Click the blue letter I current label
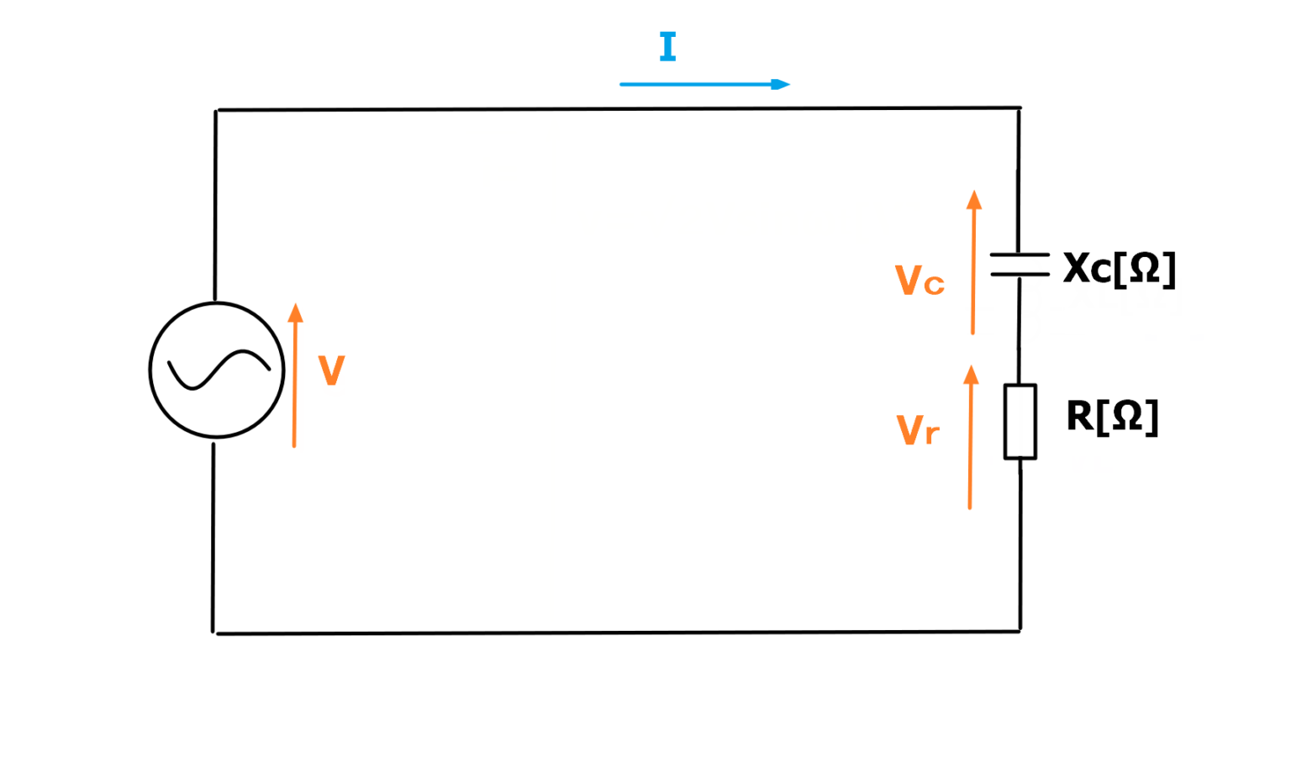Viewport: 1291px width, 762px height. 667,46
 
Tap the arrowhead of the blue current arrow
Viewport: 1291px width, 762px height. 780,85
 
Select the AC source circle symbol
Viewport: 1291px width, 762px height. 150,370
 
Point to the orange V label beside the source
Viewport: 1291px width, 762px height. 331,370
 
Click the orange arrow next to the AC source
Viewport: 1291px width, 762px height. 295,375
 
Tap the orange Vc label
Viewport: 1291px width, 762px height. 920,280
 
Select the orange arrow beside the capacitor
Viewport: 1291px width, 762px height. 973,262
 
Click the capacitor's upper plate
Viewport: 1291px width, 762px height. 1020,254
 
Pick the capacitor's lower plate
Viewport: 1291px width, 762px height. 1020,274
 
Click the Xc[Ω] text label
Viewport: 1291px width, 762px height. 1120,269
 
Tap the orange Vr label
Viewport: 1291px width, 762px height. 918,429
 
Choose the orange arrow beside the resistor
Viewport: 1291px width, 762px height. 971,437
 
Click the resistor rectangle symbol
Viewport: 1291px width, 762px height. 1004,422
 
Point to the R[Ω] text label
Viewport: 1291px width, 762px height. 1112,417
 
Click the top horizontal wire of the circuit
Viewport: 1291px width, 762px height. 619,108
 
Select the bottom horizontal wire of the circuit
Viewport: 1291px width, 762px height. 617,633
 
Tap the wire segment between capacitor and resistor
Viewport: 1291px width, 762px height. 1019,330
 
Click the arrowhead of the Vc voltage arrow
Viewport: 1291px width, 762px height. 974,199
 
